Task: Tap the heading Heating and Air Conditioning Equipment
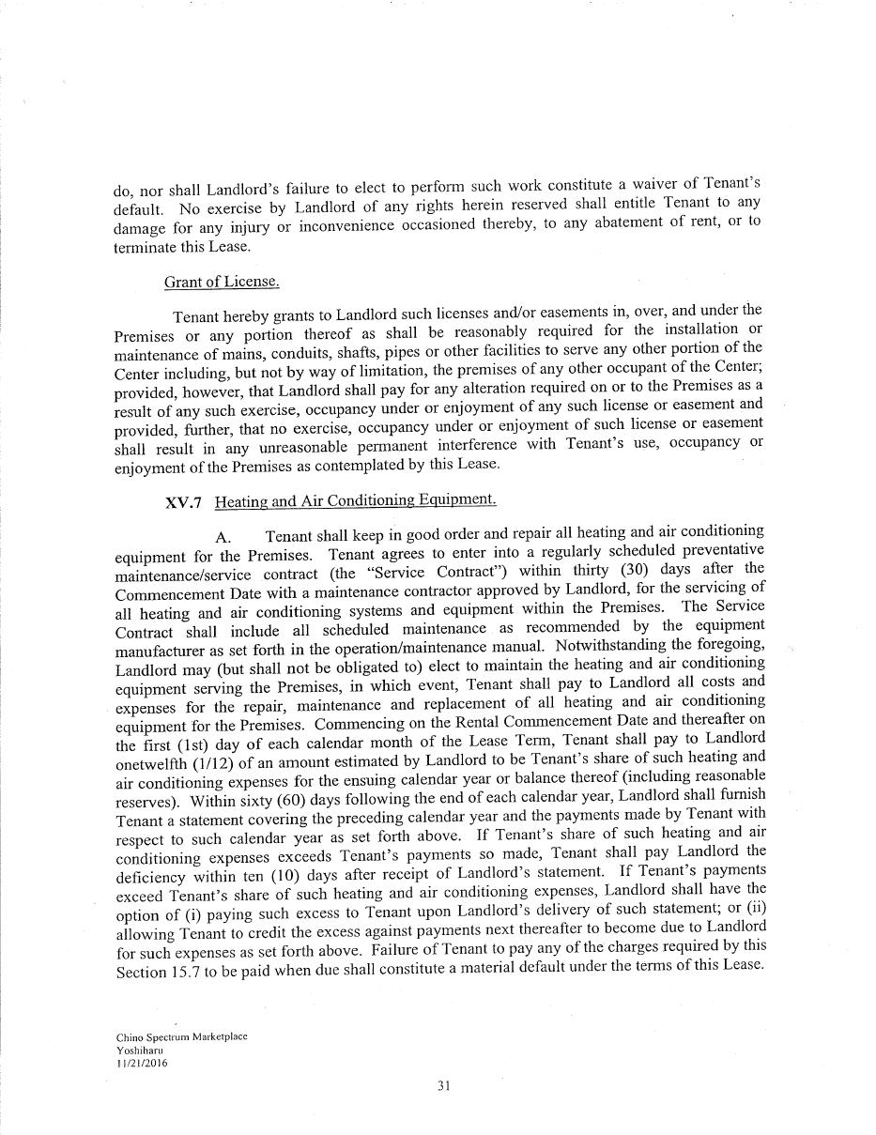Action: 355,500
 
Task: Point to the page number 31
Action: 444,1086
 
